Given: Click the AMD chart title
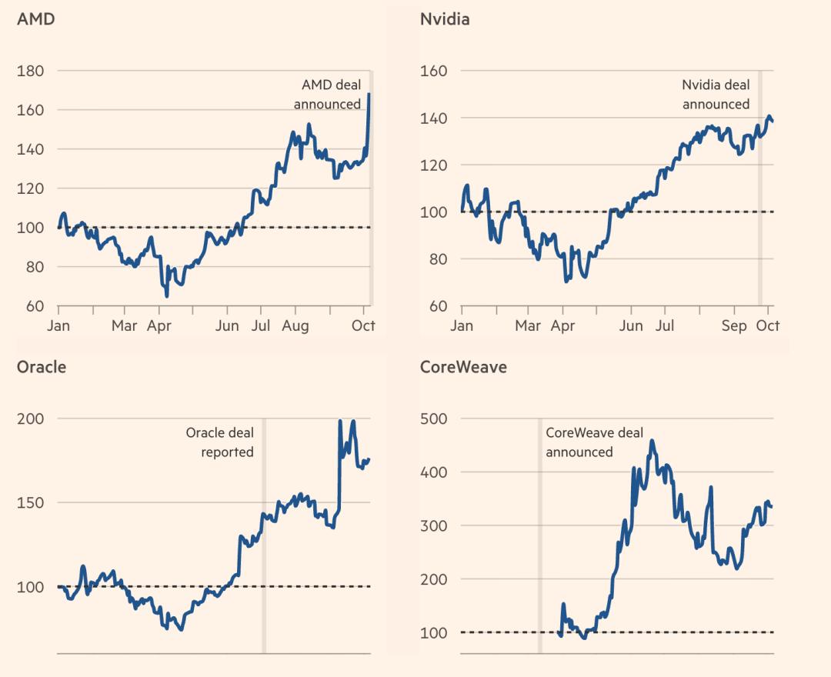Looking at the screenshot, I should coord(35,19).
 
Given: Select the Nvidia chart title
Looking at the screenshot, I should coord(445,19).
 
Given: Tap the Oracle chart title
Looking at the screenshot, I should coord(42,367).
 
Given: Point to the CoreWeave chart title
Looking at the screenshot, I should coord(463,367).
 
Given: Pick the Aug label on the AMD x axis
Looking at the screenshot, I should coord(295,326).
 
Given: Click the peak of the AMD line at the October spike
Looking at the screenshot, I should coord(369,95).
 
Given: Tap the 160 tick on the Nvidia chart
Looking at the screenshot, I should coord(433,71).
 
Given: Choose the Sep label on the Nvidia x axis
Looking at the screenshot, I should coord(735,326).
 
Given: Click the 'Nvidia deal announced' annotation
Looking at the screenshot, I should coord(716,95).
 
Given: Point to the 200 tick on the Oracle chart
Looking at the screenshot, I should coord(30,419).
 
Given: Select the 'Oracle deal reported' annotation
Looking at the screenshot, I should coord(220,442).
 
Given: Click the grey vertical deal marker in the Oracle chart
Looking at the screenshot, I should coord(264,539).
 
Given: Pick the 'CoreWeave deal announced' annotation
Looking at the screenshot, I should coord(594,442).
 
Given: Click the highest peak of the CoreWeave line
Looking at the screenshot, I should coord(652,442).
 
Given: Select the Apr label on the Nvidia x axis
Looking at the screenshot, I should coord(563,326).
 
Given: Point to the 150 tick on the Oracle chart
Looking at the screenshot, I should coord(30,502).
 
